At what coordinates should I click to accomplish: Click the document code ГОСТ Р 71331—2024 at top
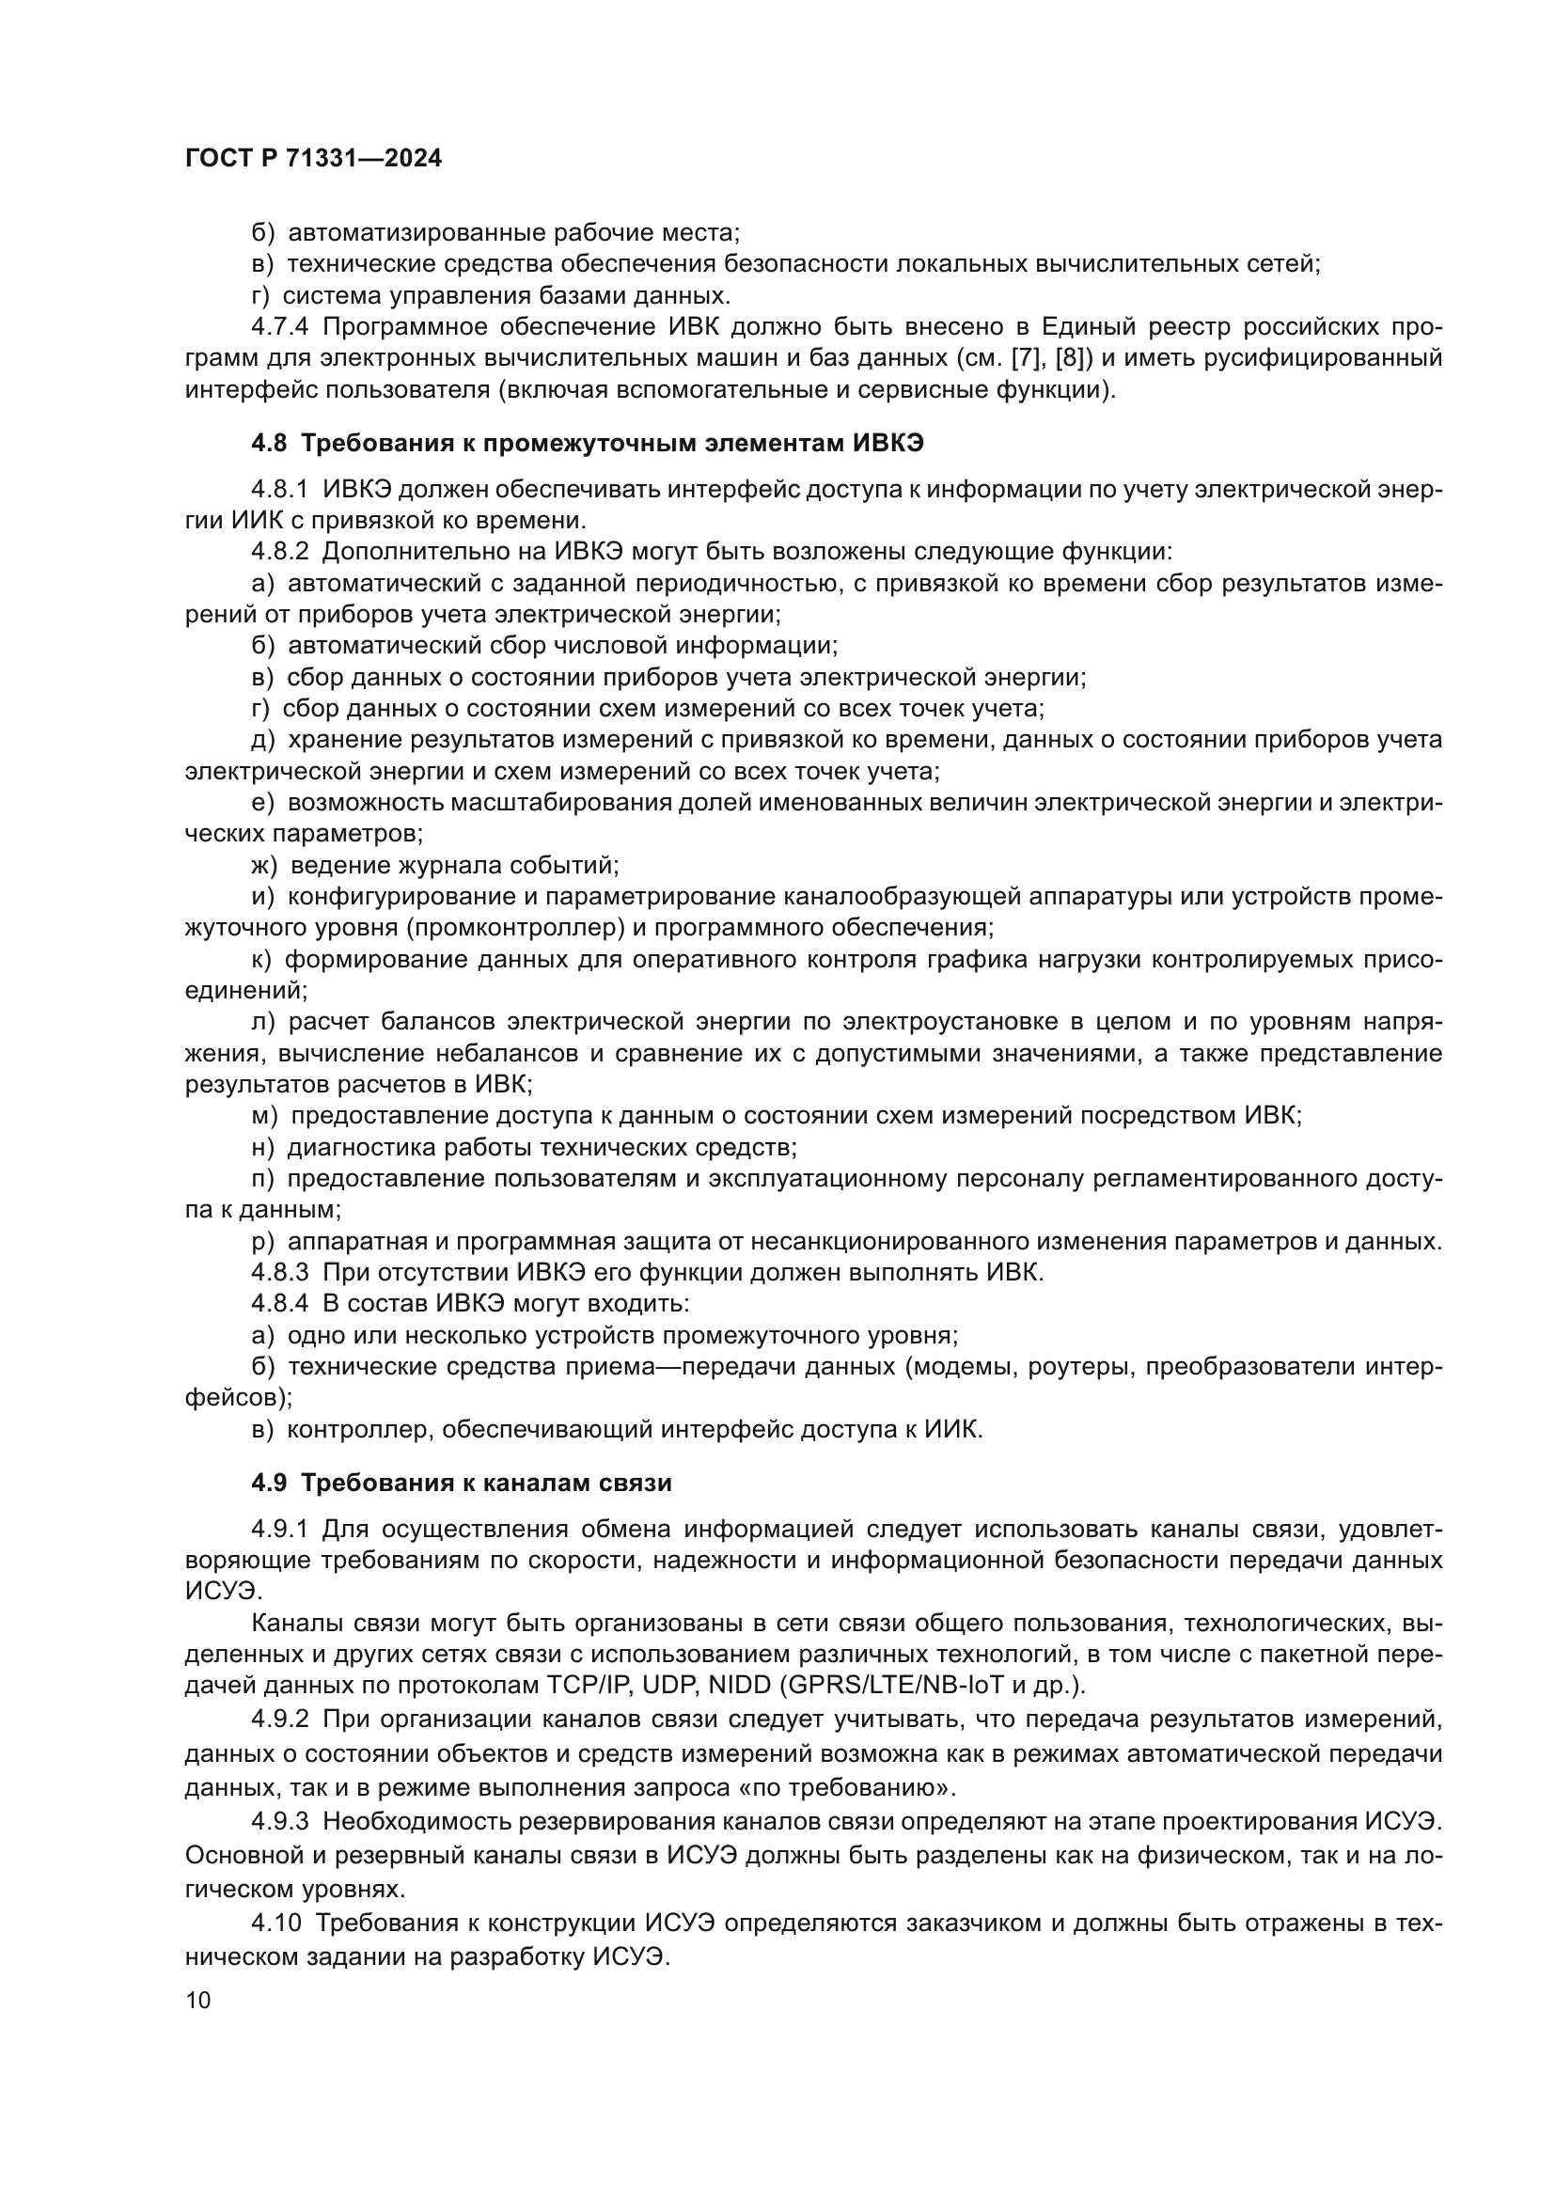313,159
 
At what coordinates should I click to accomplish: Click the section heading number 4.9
268,1483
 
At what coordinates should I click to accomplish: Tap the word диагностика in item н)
359,1147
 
